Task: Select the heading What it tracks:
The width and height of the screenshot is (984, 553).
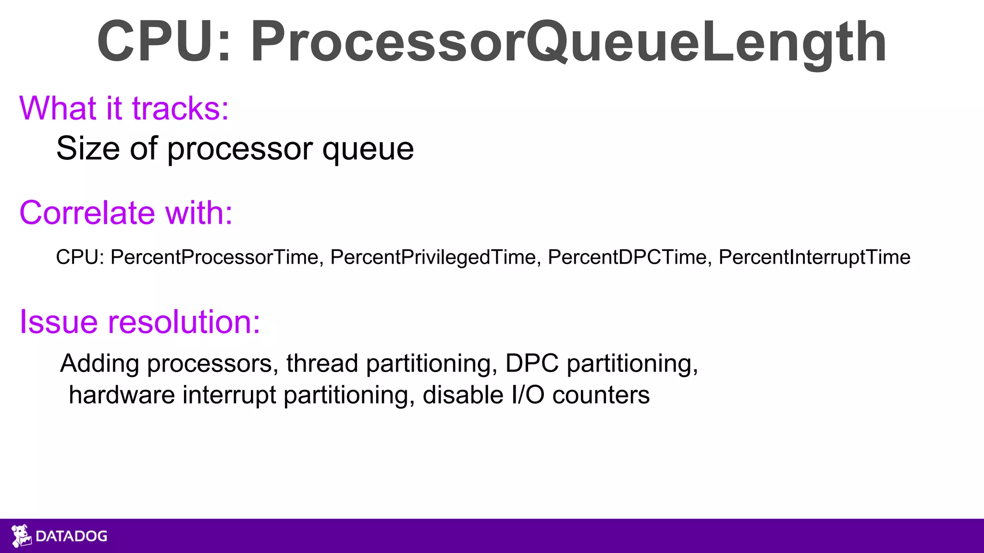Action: tap(124, 108)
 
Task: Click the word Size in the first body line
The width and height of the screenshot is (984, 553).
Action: tap(88, 148)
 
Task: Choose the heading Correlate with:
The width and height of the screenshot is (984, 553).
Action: tap(126, 213)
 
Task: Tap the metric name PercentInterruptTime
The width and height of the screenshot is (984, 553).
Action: tap(814, 257)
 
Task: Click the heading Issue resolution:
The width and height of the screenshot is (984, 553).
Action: tap(139, 322)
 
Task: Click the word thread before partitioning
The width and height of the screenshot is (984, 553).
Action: tap(322, 363)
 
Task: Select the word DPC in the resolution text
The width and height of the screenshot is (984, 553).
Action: tap(532, 363)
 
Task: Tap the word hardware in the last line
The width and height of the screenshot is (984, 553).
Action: tap(122, 395)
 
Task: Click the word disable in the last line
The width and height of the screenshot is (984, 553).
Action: tap(463, 395)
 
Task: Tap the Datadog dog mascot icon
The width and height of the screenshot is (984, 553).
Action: tap(21, 536)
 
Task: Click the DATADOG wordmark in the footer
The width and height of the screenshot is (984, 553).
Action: tap(72, 536)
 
